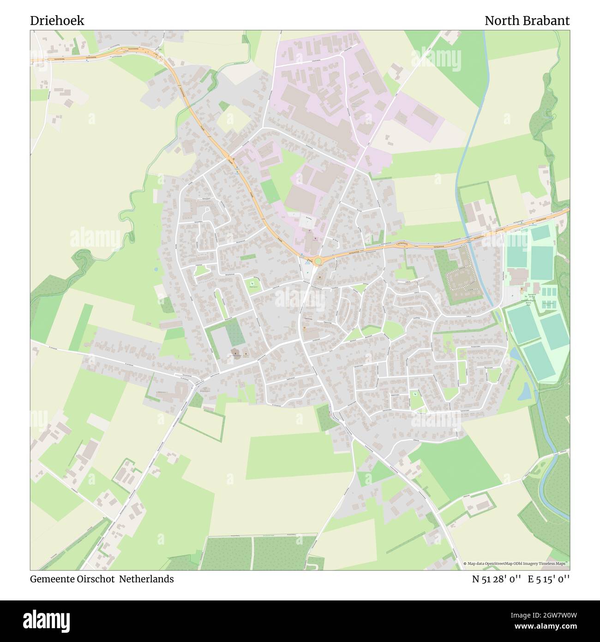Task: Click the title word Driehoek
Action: pos(57,21)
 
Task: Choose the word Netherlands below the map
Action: pos(146,579)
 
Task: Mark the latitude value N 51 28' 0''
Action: pos(497,579)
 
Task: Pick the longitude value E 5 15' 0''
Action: pos(549,579)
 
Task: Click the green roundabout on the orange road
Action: pos(318,261)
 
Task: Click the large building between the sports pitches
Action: pos(519,276)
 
